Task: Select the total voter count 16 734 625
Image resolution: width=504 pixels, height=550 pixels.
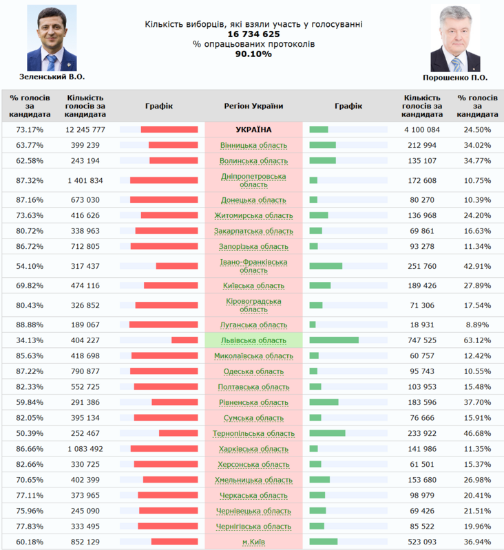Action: click(253, 34)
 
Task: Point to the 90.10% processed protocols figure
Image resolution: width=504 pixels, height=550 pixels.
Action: click(253, 54)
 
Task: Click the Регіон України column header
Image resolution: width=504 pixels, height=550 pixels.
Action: click(253, 106)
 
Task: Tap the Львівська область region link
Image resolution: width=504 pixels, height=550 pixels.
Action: click(253, 340)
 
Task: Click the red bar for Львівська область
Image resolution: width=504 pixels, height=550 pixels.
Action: click(185, 340)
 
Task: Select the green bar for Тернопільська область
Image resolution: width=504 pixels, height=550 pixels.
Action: click(328, 433)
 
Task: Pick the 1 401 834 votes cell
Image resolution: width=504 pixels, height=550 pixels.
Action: click(85, 180)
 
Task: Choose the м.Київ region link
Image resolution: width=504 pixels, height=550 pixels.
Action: click(254, 542)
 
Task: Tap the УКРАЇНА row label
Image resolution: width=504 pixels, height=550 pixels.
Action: click(253, 129)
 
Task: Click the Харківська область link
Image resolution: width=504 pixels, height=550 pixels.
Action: click(253, 449)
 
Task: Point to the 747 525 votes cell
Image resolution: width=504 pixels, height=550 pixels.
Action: click(422, 340)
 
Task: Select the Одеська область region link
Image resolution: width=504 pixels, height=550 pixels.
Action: click(253, 371)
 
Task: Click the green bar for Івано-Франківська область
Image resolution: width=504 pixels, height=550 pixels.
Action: click(326, 266)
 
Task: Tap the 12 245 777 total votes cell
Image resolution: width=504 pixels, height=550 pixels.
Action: click(85, 129)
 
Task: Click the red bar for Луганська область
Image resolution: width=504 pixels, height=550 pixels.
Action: click(164, 324)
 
